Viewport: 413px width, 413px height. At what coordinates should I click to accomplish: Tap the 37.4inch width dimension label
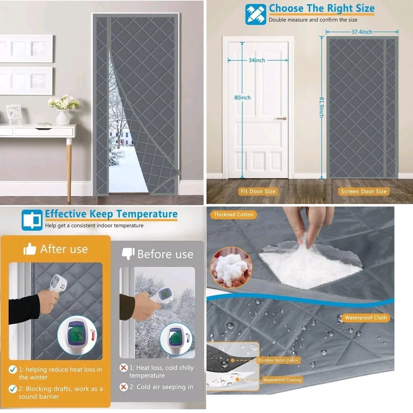[362, 32]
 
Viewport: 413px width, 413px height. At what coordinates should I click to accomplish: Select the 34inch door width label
[257, 60]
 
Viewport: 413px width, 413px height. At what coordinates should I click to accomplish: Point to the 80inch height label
[242, 97]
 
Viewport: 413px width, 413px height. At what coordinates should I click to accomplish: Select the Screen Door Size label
[364, 192]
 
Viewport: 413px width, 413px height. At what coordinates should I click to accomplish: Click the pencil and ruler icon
[256, 14]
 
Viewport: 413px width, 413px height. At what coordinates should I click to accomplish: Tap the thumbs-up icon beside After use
[30, 249]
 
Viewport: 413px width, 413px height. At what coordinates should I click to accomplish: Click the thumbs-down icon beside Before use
[128, 254]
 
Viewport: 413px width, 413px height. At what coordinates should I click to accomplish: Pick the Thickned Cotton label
[234, 215]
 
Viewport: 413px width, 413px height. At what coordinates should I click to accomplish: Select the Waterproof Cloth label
[366, 318]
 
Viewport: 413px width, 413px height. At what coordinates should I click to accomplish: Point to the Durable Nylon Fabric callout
[278, 361]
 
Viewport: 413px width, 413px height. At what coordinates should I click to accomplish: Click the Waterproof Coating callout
[282, 380]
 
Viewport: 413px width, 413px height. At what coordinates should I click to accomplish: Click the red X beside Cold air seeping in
[123, 387]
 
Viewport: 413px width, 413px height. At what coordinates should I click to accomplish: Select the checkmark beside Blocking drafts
[13, 389]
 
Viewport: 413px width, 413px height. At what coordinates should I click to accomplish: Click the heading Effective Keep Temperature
[111, 214]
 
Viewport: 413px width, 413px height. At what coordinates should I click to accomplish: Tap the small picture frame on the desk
[14, 114]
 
